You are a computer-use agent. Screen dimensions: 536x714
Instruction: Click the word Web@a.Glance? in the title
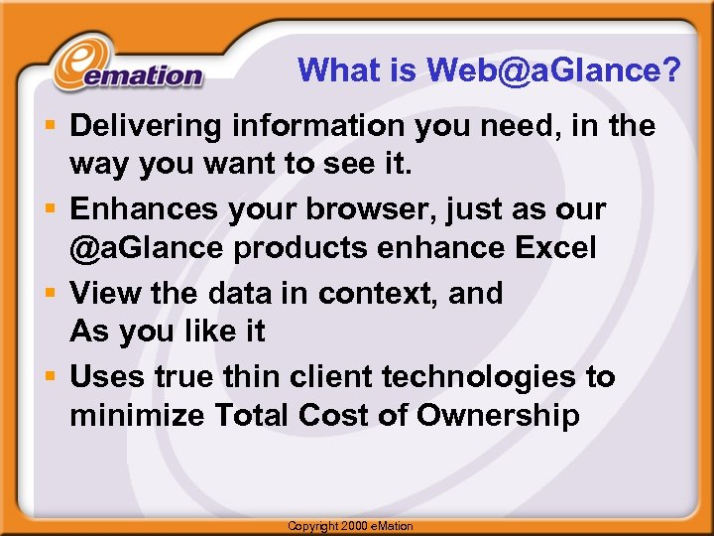(554, 69)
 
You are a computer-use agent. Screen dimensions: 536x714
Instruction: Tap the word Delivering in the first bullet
(146, 127)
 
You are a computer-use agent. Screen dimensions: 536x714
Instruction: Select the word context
(382, 294)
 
